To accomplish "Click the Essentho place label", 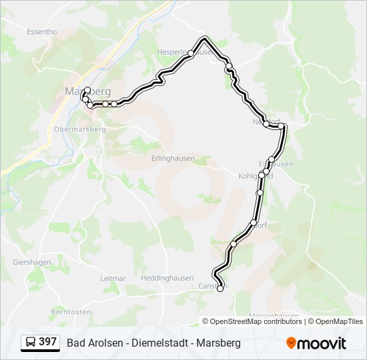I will point(41,31).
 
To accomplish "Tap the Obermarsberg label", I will point(79,129).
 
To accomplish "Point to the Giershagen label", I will point(31,262).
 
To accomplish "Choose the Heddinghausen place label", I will point(167,278).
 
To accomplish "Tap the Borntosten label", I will point(71,311).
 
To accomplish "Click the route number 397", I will point(47,342).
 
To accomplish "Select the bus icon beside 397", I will point(31,343).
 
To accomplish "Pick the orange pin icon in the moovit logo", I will point(291,343).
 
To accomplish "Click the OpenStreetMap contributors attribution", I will point(256,321).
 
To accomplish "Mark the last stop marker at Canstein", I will point(220,289).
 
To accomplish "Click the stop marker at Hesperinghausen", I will point(191,53).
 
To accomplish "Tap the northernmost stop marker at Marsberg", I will point(87,89).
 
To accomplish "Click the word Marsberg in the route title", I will point(218,343).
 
